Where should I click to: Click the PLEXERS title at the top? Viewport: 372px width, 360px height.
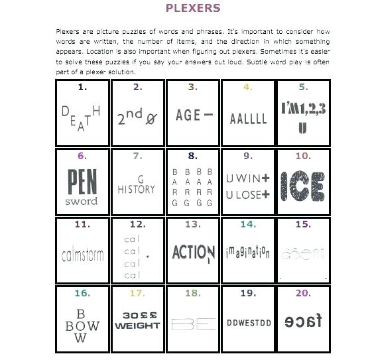click(192, 9)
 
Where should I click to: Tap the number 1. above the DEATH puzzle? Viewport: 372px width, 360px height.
click(82, 87)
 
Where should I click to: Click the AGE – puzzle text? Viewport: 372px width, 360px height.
click(194, 115)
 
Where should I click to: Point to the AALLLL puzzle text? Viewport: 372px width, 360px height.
click(249, 119)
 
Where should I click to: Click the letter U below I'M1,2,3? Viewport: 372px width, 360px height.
click(303, 127)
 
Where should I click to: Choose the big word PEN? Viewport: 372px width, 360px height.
click(82, 181)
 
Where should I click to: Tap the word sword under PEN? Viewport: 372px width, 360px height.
click(82, 201)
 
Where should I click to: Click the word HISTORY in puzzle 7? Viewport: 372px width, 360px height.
click(137, 190)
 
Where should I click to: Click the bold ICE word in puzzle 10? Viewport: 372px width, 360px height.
click(303, 186)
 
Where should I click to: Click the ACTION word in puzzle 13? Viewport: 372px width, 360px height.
click(193, 253)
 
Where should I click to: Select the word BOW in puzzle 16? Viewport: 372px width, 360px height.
click(82, 326)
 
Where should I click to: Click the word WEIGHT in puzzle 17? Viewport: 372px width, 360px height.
click(137, 326)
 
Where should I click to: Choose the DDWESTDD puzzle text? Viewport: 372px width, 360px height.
click(248, 323)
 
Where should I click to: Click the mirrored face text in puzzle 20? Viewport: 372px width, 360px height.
click(303, 322)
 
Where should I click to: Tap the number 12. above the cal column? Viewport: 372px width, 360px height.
click(138, 225)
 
